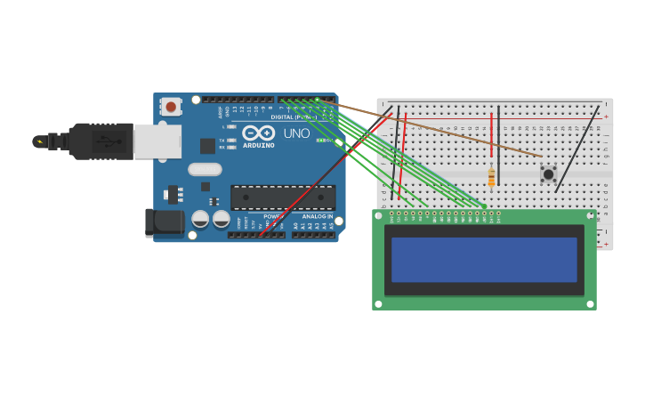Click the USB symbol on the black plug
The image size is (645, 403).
109,141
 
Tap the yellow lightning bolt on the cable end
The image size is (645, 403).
39,141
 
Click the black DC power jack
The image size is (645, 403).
164,222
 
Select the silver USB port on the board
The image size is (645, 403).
157,141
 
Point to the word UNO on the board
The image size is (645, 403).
296,133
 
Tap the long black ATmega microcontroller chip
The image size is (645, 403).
283,197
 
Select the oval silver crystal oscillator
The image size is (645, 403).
205,169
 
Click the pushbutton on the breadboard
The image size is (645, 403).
548,174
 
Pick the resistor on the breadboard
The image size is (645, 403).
491,178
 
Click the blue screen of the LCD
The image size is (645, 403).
484,259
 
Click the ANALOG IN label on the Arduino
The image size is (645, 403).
317,216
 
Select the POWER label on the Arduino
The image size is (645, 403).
273,216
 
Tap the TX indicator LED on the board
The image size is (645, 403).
231,141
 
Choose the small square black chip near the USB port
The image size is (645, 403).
207,146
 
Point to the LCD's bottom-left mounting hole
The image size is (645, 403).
378,303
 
